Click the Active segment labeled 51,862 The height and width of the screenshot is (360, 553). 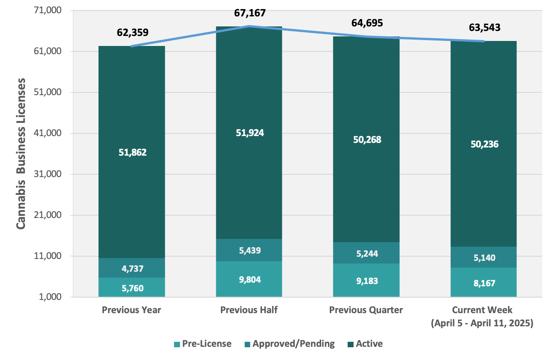[132, 152]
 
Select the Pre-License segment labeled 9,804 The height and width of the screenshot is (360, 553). [249, 279]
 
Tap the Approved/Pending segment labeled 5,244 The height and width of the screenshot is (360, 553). [366, 253]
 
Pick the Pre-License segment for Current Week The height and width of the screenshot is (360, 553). [483, 283]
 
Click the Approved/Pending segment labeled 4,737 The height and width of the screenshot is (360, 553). [132, 268]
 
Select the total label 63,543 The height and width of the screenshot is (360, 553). [484, 27]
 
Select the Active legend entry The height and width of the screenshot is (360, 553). [365, 344]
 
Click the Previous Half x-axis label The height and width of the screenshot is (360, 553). [249, 310]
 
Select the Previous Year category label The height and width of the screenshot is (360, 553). [132, 310]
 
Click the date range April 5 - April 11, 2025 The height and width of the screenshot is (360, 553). [482, 324]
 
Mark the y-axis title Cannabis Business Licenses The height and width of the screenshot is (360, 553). [20, 154]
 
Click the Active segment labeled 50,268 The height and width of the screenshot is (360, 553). [366, 140]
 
